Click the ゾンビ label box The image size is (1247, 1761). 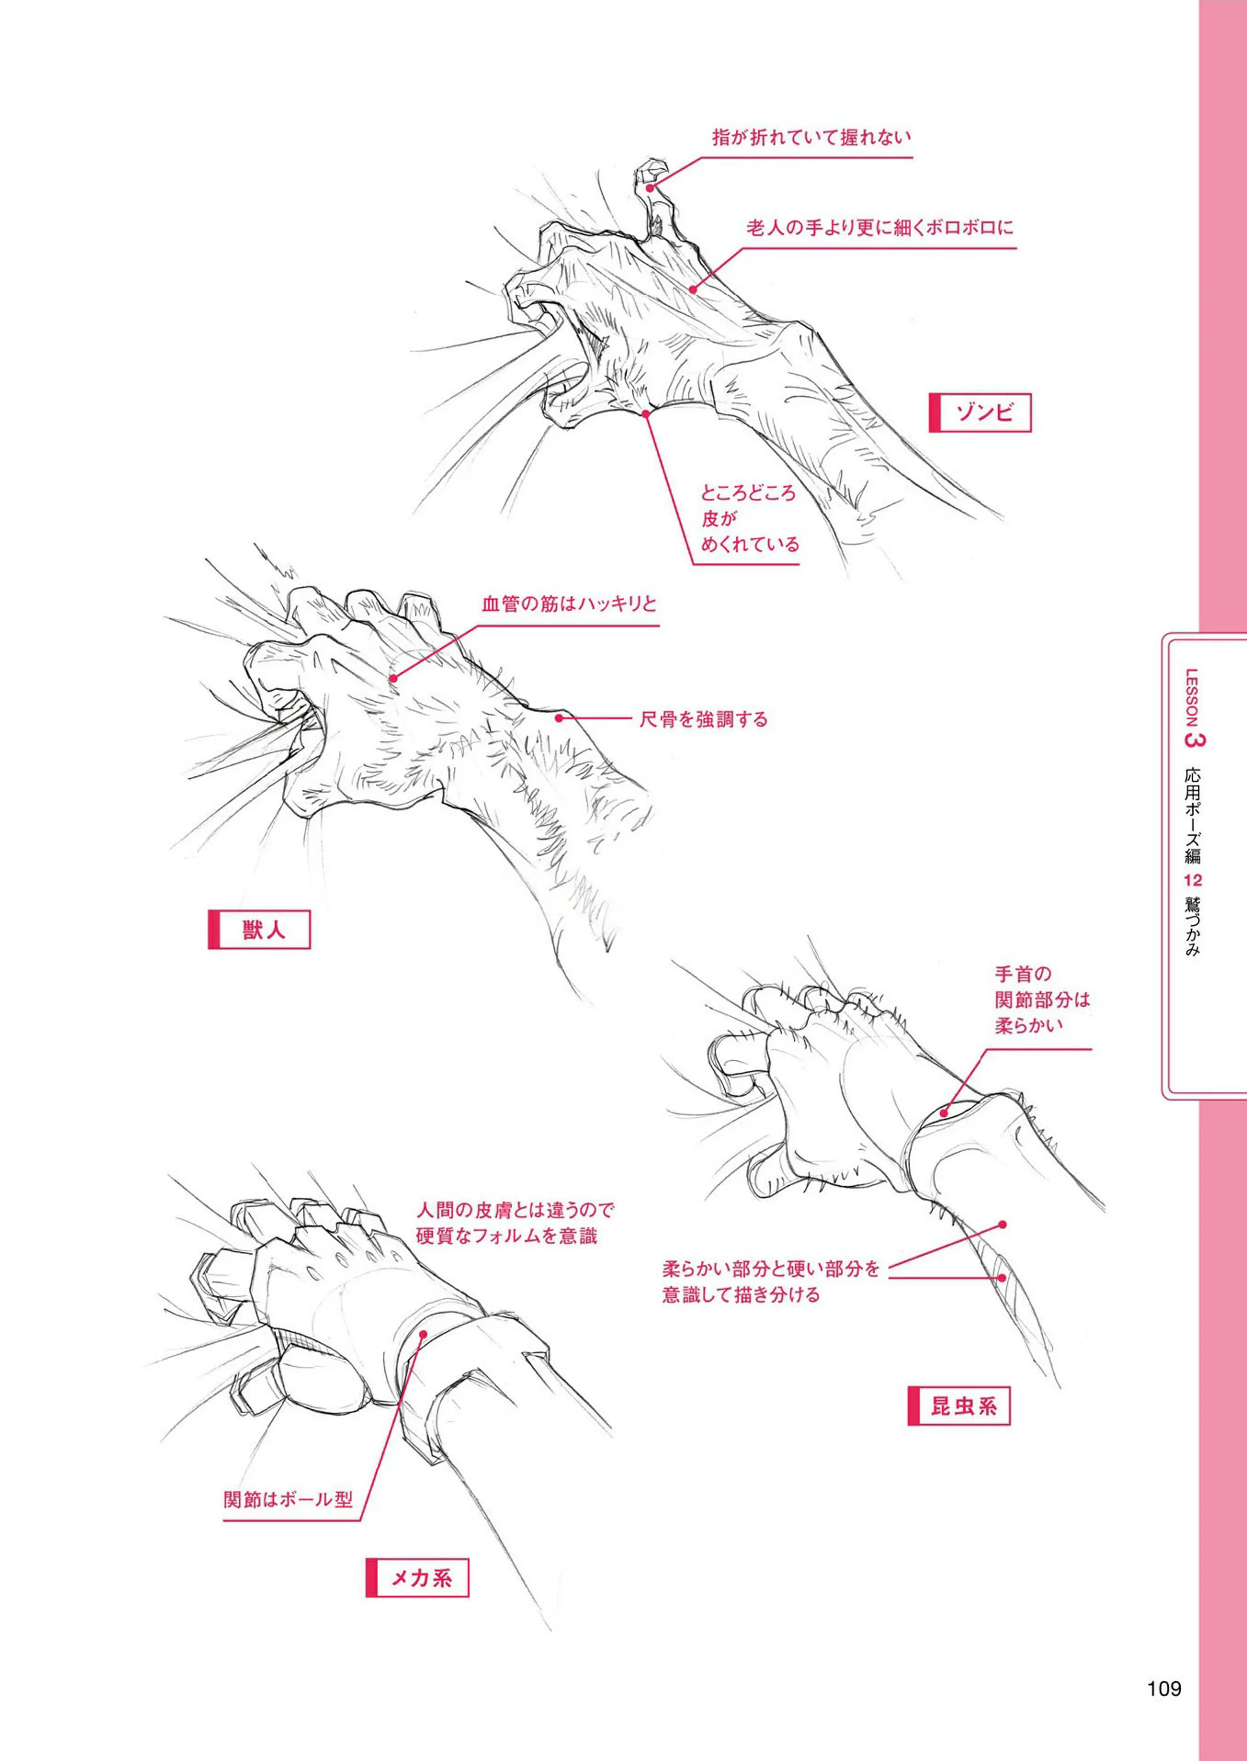point(980,413)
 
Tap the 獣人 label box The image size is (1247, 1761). point(259,930)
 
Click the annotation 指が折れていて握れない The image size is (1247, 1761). point(811,138)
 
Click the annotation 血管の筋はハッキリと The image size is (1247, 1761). point(569,604)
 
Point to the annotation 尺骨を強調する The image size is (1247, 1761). point(703,719)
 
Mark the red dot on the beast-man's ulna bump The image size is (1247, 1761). point(560,718)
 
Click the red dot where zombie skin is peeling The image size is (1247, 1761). point(646,414)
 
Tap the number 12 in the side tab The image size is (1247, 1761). point(1193,880)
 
